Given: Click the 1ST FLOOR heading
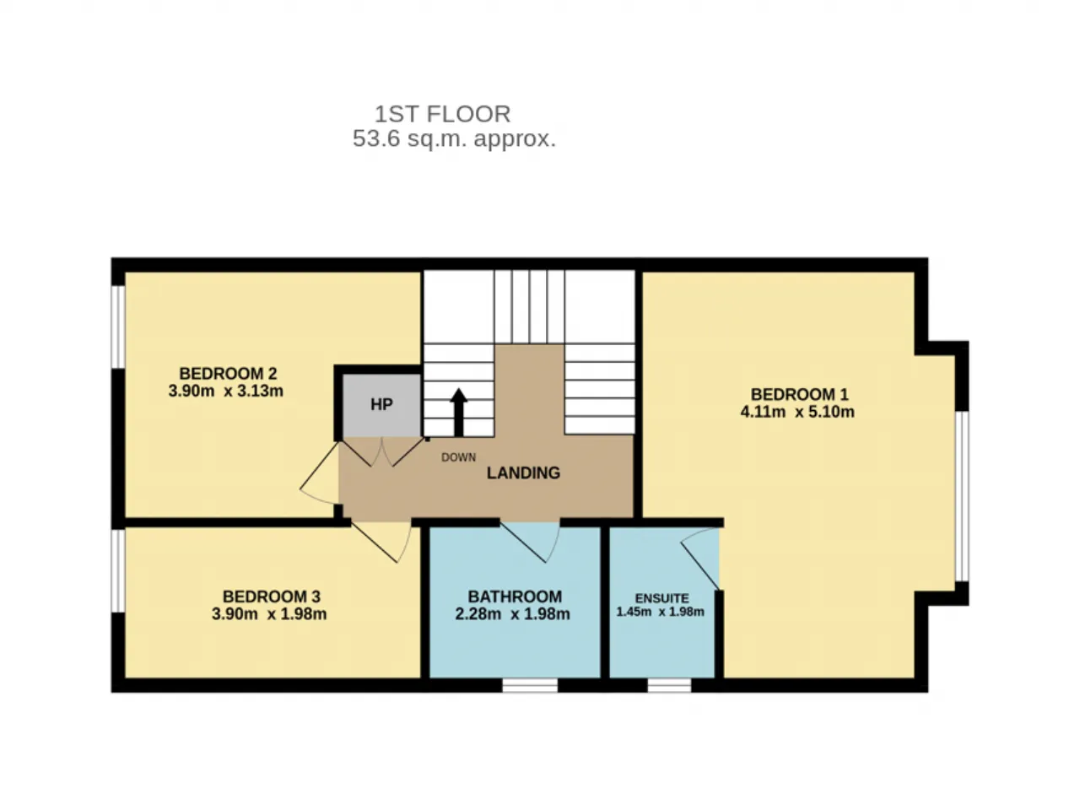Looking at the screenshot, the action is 442,114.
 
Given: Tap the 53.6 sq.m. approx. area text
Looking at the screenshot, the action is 454,138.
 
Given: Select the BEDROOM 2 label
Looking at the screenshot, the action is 228,373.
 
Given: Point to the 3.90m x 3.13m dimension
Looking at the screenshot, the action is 226,391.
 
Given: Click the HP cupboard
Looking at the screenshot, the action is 381,405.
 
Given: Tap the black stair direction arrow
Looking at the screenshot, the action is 458,412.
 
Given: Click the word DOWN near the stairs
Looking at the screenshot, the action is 458,457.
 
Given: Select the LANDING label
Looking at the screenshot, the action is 523,472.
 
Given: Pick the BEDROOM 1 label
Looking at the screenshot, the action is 799,394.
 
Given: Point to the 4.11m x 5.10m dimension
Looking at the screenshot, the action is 797,412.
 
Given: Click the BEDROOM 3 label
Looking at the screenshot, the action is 272,597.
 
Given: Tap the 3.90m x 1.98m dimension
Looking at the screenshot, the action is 269,613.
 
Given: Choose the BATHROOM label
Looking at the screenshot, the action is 515,597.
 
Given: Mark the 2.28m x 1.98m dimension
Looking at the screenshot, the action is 513,613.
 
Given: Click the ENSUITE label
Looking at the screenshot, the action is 661,598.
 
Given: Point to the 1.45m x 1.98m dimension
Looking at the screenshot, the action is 661,612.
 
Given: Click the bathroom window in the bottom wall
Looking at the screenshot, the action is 530,685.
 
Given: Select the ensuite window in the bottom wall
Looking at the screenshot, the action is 669,685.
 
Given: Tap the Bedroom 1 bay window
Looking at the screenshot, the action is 962,496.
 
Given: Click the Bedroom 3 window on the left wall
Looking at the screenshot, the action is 118,570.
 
